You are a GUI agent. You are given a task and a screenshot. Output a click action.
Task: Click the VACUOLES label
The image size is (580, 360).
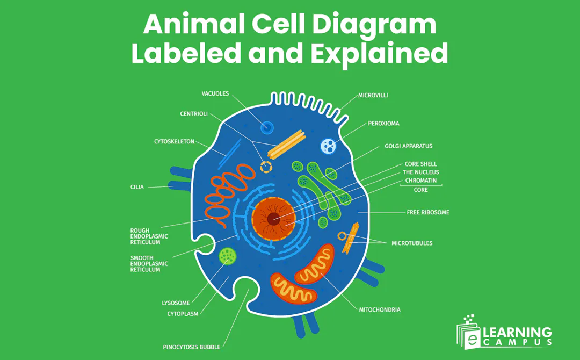coord(215,93)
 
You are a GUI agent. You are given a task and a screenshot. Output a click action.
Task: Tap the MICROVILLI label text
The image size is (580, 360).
coord(373,95)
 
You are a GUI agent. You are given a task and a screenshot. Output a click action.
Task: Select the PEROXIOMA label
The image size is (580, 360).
coord(383,123)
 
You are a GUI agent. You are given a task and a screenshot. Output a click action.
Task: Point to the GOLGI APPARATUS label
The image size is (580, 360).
coord(408,146)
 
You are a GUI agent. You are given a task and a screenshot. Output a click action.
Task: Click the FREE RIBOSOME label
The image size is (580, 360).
coord(427,212)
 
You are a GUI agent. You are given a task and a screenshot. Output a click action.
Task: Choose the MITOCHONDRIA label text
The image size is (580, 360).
coord(379,309)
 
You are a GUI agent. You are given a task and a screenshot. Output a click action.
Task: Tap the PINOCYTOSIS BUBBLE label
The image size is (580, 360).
coord(192,347)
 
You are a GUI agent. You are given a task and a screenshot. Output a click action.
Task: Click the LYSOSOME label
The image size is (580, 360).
coord(176,303)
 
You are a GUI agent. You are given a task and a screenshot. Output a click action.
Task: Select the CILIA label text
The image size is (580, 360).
coord(137,187)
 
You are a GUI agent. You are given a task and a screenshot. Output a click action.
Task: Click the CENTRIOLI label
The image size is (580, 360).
coord(194,114)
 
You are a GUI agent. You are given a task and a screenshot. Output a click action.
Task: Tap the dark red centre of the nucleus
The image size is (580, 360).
coord(273,218)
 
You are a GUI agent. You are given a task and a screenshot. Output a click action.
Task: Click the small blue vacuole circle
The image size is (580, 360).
coord(267,127)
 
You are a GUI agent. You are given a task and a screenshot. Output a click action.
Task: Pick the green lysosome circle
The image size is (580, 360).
coord(228,256)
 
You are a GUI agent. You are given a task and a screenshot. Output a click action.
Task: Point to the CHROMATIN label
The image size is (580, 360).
coord(421,181)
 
